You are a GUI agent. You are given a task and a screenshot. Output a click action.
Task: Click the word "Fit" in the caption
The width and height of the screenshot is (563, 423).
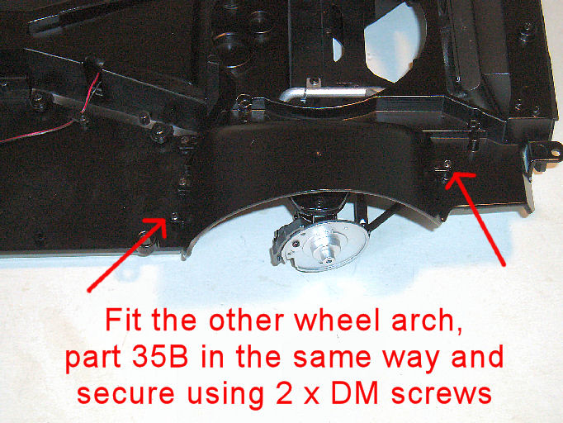point(123,320)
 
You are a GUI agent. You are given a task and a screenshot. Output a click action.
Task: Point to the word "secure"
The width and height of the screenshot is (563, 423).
point(125,394)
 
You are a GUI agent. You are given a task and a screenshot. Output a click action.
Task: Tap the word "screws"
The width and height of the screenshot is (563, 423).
point(442,394)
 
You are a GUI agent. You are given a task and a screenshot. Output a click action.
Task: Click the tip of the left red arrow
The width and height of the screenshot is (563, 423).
point(166,219)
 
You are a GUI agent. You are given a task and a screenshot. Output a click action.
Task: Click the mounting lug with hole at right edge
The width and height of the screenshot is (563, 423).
point(545,154)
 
